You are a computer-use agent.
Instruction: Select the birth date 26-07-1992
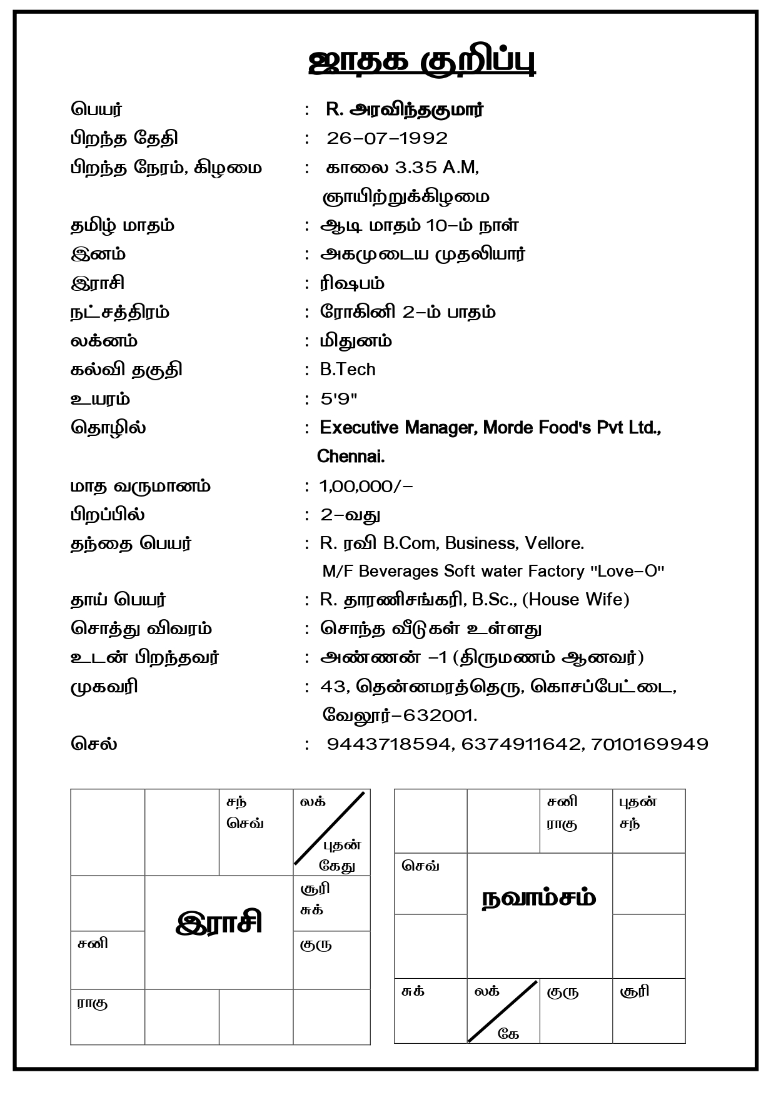(x=387, y=138)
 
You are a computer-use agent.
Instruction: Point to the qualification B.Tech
(x=348, y=370)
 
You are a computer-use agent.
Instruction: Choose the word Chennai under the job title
(x=351, y=457)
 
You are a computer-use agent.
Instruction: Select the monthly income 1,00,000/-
(x=366, y=486)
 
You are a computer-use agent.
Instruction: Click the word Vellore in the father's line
(x=554, y=543)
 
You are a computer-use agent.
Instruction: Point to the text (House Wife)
(x=575, y=600)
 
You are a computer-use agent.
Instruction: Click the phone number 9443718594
(x=388, y=744)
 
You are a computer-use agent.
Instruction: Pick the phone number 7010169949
(x=649, y=744)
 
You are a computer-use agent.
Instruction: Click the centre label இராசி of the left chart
(x=219, y=923)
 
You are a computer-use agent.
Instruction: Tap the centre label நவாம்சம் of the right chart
(x=539, y=899)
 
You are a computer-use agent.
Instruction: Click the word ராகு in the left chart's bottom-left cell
(x=92, y=1004)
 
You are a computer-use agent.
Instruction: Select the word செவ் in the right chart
(x=420, y=866)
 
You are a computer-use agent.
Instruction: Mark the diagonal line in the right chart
(x=503, y=1011)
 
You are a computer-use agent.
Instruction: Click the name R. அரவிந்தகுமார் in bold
(x=405, y=109)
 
